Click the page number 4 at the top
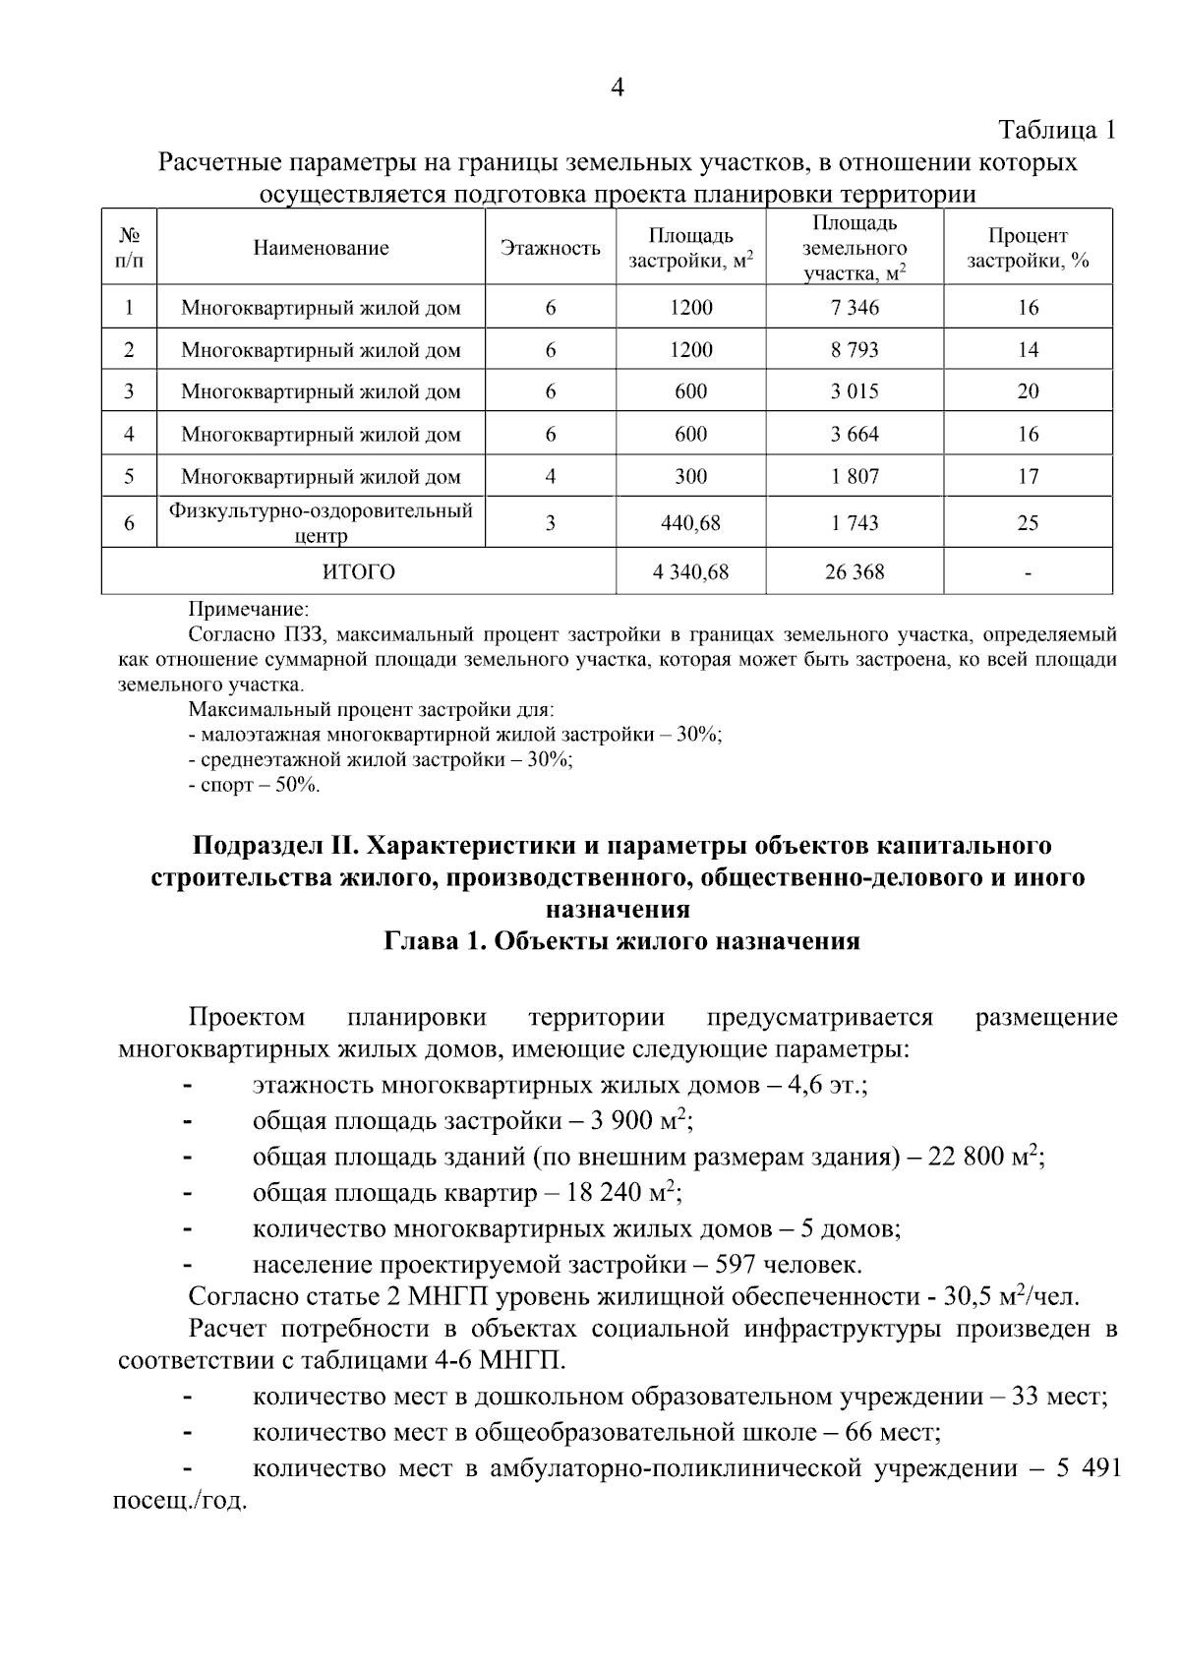coord(618,88)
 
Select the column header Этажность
coord(551,248)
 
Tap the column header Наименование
coord(321,248)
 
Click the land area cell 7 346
coord(855,308)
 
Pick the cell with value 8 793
coord(855,350)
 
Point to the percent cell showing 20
coord(1028,391)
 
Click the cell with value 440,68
coord(690,523)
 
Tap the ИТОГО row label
coord(359,572)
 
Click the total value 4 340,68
coord(690,572)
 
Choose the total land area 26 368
coord(855,572)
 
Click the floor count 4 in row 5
coord(551,477)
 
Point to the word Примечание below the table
coord(248,610)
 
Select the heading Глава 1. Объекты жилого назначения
coord(621,941)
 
